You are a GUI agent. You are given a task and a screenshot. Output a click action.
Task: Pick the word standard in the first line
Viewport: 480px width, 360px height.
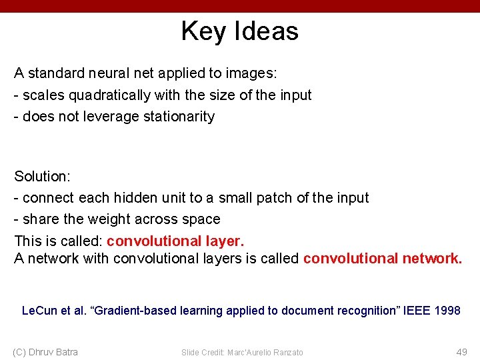point(56,72)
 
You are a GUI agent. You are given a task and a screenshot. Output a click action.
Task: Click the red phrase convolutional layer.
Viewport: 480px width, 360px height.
point(176,241)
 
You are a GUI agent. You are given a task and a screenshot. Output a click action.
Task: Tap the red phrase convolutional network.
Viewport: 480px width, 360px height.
point(382,259)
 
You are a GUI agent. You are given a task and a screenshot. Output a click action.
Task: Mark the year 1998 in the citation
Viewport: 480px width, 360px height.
point(447,311)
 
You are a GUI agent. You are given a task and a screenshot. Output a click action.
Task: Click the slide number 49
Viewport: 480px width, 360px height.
point(461,352)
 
